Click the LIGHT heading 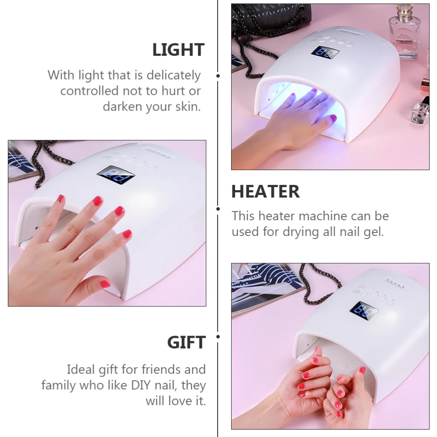[178, 50]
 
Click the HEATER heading [265, 192]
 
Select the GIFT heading [186, 343]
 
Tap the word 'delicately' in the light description [173, 75]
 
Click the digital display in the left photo [115, 176]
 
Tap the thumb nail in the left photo [105, 284]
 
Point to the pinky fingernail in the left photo [127, 234]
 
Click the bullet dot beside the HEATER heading [218, 209]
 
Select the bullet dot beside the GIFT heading [218, 336]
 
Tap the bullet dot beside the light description [218, 76]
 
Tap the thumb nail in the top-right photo [333, 118]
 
